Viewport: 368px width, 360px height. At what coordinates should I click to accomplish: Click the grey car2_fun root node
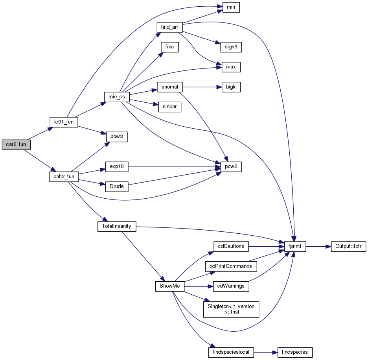click(16, 144)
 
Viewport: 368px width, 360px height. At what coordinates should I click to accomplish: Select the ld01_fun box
click(64, 122)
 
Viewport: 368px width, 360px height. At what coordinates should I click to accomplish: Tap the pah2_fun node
click(64, 177)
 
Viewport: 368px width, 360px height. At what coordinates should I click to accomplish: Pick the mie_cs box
click(117, 97)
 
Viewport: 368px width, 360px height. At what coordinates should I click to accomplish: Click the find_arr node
click(169, 27)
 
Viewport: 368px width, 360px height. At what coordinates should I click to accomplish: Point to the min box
click(231, 7)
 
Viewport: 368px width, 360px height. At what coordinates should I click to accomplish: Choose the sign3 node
click(231, 47)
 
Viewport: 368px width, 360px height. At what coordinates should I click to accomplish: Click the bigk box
click(231, 87)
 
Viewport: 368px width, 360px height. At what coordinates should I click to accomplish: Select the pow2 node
click(231, 167)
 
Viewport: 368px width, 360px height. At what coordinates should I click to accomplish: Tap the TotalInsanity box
click(117, 226)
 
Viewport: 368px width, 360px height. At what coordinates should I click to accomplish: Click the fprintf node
click(295, 246)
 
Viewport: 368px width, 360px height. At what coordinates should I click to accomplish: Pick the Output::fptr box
click(348, 246)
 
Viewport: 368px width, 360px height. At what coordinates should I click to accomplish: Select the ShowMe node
click(169, 286)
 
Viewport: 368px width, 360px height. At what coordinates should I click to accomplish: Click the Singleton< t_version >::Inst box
click(231, 309)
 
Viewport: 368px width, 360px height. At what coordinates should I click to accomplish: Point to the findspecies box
click(295, 352)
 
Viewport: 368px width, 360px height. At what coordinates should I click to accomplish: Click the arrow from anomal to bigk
click(202, 87)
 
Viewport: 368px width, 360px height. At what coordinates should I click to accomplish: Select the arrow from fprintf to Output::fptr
click(318, 246)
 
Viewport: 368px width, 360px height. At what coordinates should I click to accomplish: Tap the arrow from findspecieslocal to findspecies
click(266, 352)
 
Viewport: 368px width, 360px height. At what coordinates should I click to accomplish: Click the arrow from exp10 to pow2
click(175, 167)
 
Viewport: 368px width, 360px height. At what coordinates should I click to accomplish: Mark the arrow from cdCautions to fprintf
click(267, 246)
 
